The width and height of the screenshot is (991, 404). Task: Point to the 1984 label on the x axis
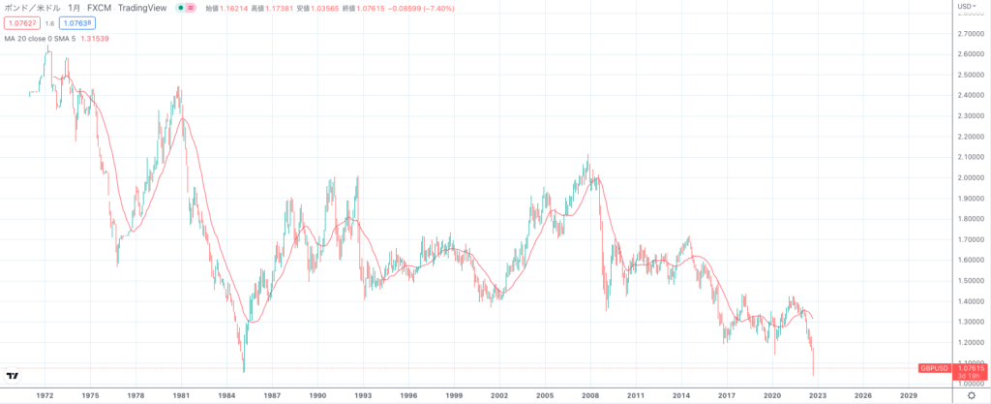tap(226, 395)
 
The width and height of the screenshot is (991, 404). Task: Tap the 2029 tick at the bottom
tap(908, 395)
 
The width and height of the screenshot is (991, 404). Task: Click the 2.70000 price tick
tap(971, 33)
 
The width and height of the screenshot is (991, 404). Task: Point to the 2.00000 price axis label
tap(971, 177)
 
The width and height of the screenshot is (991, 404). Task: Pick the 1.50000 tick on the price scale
tap(971, 281)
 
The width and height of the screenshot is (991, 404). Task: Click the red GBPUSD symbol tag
tap(936, 368)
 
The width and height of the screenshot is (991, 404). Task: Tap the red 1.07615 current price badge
tap(971, 368)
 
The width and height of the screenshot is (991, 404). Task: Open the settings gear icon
tap(971, 395)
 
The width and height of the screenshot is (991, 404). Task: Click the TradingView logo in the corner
tap(14, 376)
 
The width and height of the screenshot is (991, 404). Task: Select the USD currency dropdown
tap(966, 7)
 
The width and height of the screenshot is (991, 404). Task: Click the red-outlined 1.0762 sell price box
tap(18, 21)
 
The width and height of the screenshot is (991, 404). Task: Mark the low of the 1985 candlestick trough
tap(244, 371)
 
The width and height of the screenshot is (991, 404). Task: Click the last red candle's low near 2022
tap(814, 375)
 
